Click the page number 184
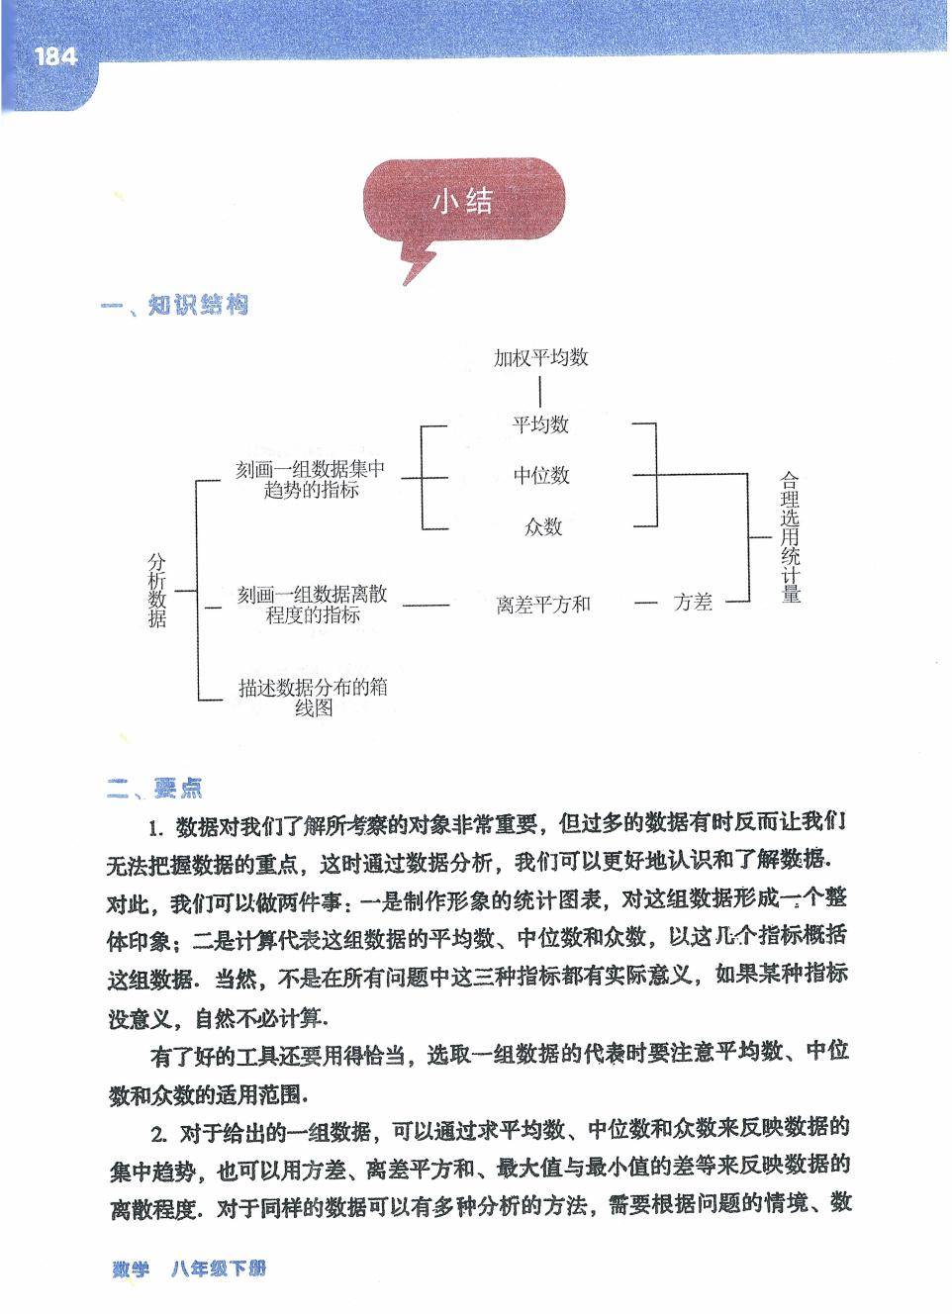55,57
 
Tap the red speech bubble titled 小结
463,203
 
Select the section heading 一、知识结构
174,305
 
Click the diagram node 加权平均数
540,357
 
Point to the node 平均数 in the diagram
540,424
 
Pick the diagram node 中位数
541,476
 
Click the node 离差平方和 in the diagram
543,604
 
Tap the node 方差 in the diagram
693,602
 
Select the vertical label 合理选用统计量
790,536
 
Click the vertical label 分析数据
157,590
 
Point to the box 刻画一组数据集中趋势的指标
311,479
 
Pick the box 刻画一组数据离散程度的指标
312,604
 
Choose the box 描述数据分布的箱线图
313,698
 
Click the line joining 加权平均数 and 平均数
540,391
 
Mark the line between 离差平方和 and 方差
646,602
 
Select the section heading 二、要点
154,789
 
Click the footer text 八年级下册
218,1268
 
